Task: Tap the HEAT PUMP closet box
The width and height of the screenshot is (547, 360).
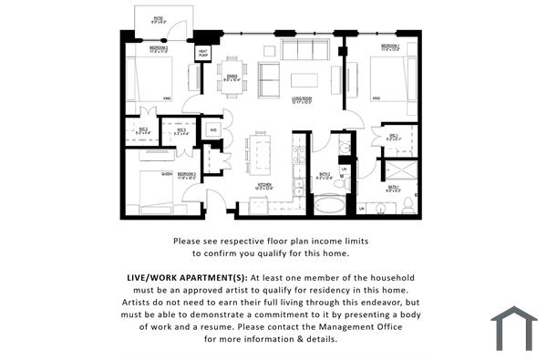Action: click(202, 55)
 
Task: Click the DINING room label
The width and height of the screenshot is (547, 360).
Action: click(233, 78)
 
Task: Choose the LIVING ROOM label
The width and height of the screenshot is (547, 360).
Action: click(304, 102)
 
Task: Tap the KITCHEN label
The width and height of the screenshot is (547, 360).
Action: click(263, 186)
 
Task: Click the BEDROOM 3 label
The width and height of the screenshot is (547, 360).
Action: click(187, 173)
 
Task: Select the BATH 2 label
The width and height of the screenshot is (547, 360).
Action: click(324, 177)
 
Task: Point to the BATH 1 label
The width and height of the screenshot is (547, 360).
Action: click(393, 188)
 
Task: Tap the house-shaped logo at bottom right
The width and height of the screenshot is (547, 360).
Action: click(513, 328)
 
